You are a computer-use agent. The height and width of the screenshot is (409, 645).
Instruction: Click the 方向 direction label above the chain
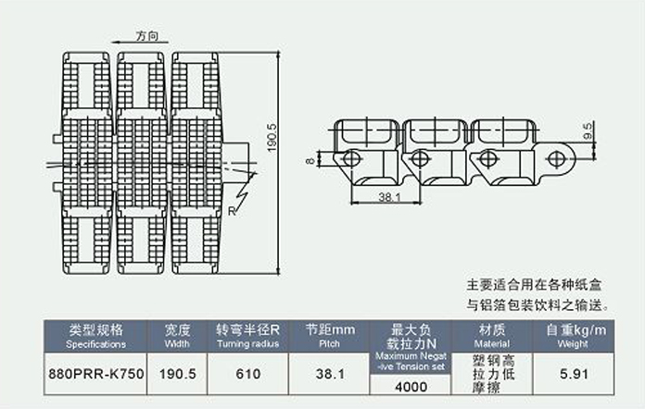[x=147, y=36]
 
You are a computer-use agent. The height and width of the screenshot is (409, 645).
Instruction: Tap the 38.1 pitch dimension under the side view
[x=388, y=197]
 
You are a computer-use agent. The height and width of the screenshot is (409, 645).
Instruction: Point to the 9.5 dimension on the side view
[x=587, y=128]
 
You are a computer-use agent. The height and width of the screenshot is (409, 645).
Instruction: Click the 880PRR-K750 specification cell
[x=96, y=376]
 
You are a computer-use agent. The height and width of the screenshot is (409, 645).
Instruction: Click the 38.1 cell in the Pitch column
[x=330, y=376]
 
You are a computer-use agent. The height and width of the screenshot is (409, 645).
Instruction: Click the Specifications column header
[x=96, y=336]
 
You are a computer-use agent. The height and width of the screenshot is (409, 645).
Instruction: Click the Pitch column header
[x=330, y=336]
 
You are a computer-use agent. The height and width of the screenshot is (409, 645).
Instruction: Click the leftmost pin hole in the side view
[x=351, y=159]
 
